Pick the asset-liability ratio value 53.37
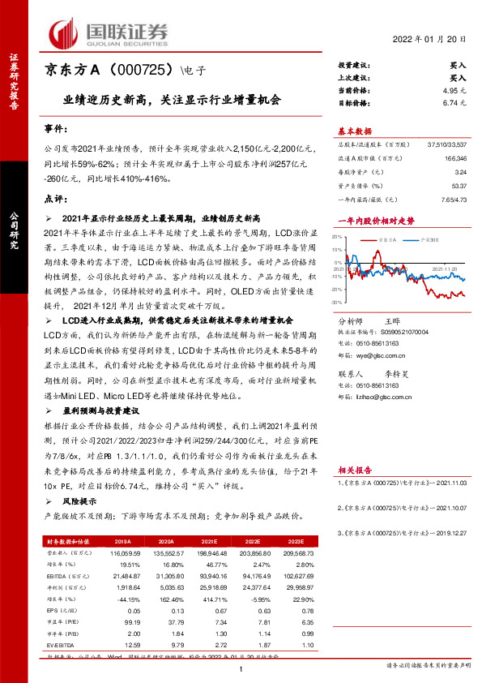pos(457,186)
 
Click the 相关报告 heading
pos(354,470)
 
